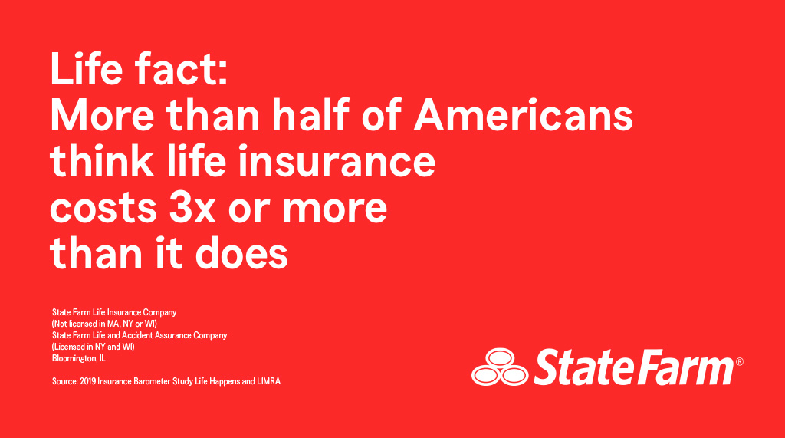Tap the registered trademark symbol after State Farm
tap(739, 361)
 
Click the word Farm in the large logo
tap(682, 367)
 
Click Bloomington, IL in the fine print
tap(79, 358)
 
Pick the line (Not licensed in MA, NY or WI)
tap(104, 324)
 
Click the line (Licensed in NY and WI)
tap(93, 347)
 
